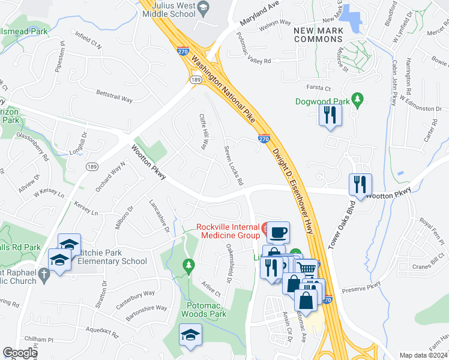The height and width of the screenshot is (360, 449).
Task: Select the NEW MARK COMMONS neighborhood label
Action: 318,35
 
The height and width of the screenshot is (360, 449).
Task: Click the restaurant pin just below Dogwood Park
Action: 330,114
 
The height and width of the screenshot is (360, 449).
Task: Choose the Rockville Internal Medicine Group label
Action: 228,232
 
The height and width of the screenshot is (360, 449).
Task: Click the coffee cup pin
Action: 277,232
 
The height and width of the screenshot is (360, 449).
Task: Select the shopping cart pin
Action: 306,268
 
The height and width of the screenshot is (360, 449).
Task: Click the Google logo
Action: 20,353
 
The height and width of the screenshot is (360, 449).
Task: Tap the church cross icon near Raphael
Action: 44,275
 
